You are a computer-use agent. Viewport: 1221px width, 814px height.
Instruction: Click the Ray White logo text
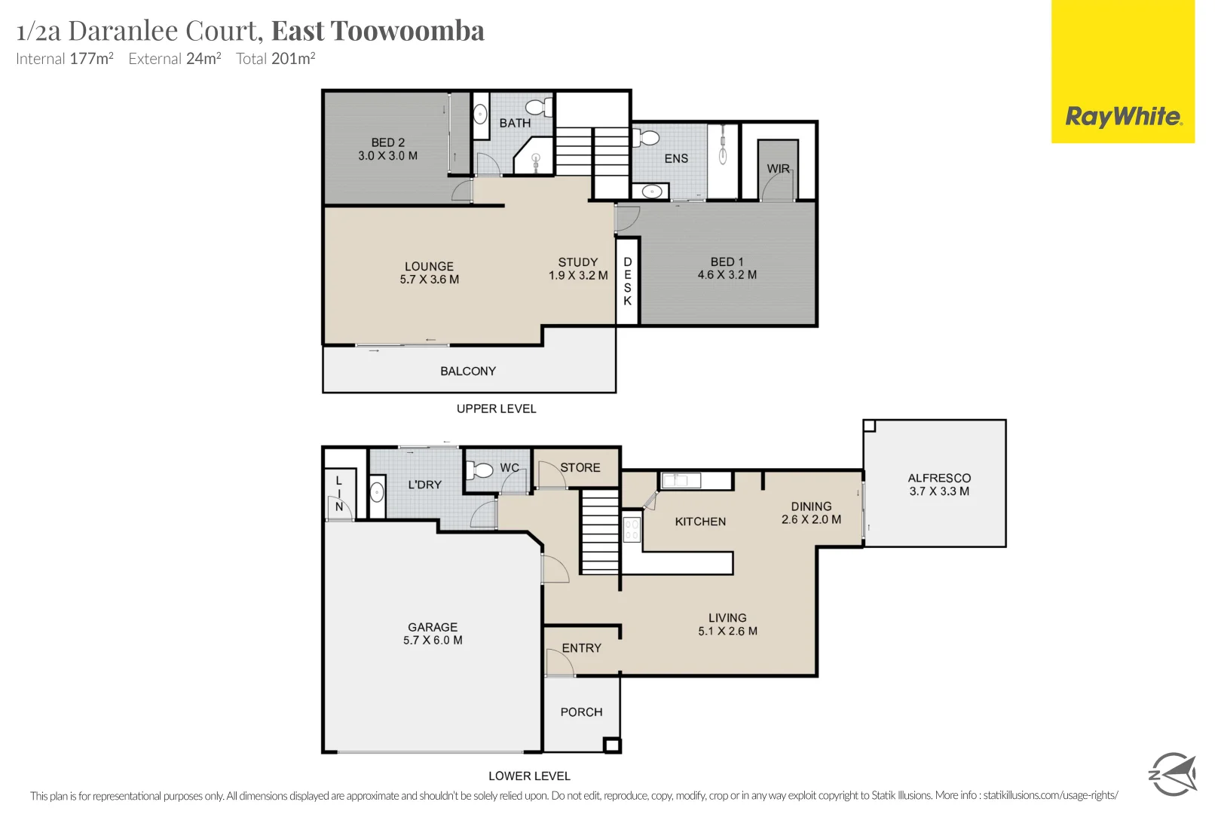pyautogui.click(x=1122, y=117)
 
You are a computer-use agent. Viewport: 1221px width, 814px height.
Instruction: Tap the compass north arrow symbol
pyautogui.click(x=1172, y=773)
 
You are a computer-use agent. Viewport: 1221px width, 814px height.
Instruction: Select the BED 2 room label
pyautogui.click(x=387, y=148)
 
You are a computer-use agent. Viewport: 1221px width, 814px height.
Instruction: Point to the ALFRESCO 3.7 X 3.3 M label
pyautogui.click(x=939, y=484)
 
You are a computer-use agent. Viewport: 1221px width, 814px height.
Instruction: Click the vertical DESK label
pyautogui.click(x=627, y=281)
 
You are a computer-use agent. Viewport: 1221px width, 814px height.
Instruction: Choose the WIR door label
pyautogui.click(x=778, y=169)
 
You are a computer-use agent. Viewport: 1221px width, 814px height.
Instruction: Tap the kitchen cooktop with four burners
pyautogui.click(x=632, y=529)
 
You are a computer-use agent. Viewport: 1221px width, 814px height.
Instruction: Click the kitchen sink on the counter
pyautogui.click(x=681, y=479)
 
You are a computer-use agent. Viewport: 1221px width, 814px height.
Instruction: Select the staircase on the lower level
pyautogui.click(x=600, y=532)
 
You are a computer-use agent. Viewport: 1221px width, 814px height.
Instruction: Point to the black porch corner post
pyautogui.click(x=612, y=745)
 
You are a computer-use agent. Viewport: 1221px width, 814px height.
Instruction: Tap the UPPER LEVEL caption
pyautogui.click(x=496, y=409)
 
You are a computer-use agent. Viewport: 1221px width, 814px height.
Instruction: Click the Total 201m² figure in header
pyautogui.click(x=275, y=59)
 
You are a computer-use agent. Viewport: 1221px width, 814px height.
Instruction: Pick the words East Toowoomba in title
pyautogui.click(x=378, y=31)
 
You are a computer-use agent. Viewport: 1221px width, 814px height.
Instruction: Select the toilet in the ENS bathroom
pyautogui.click(x=647, y=138)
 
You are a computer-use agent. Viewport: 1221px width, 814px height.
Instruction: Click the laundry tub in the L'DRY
pyautogui.click(x=378, y=493)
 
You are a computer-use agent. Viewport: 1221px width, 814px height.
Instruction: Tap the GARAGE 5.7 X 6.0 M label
pyautogui.click(x=433, y=633)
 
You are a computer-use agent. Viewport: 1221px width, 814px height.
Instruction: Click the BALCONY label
pyautogui.click(x=468, y=371)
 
